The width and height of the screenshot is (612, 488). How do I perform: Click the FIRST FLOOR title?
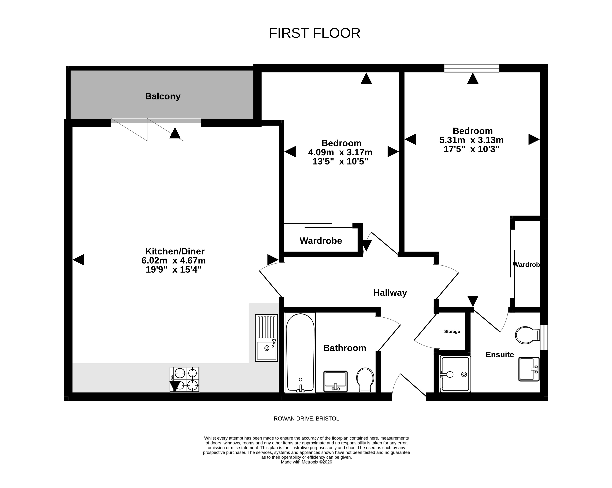point(314,33)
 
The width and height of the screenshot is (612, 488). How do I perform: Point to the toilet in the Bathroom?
point(365,380)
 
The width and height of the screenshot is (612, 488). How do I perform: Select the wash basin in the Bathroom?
point(336,381)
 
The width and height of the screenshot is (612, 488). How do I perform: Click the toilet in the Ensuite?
point(527,335)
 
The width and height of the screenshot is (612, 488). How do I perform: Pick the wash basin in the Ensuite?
point(529,369)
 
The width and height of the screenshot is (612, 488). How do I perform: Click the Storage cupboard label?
point(452,331)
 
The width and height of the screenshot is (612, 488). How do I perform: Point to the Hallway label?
point(390,292)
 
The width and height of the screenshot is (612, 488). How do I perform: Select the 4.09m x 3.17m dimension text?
point(340,152)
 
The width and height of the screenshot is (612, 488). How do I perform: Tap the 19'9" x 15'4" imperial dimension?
point(173,269)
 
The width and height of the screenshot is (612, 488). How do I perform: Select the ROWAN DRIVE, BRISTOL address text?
point(306,418)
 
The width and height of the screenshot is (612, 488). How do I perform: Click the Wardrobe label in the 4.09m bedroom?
point(321,241)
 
